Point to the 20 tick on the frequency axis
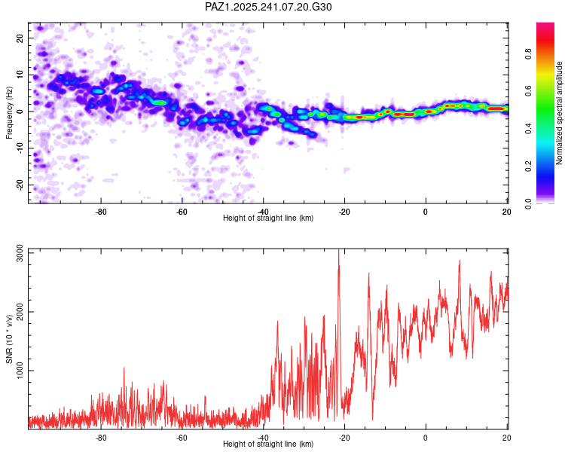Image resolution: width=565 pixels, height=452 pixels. [20, 38]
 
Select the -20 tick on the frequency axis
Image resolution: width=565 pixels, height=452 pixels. [19, 185]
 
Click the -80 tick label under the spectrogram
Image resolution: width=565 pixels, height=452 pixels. [100, 211]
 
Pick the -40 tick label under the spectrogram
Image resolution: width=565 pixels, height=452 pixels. [263, 211]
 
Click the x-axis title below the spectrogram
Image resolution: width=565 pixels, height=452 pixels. [268, 218]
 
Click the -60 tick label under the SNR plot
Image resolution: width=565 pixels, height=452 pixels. [182, 438]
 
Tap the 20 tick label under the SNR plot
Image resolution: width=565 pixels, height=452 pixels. [506, 438]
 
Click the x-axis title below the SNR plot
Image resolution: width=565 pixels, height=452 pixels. [268, 444]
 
